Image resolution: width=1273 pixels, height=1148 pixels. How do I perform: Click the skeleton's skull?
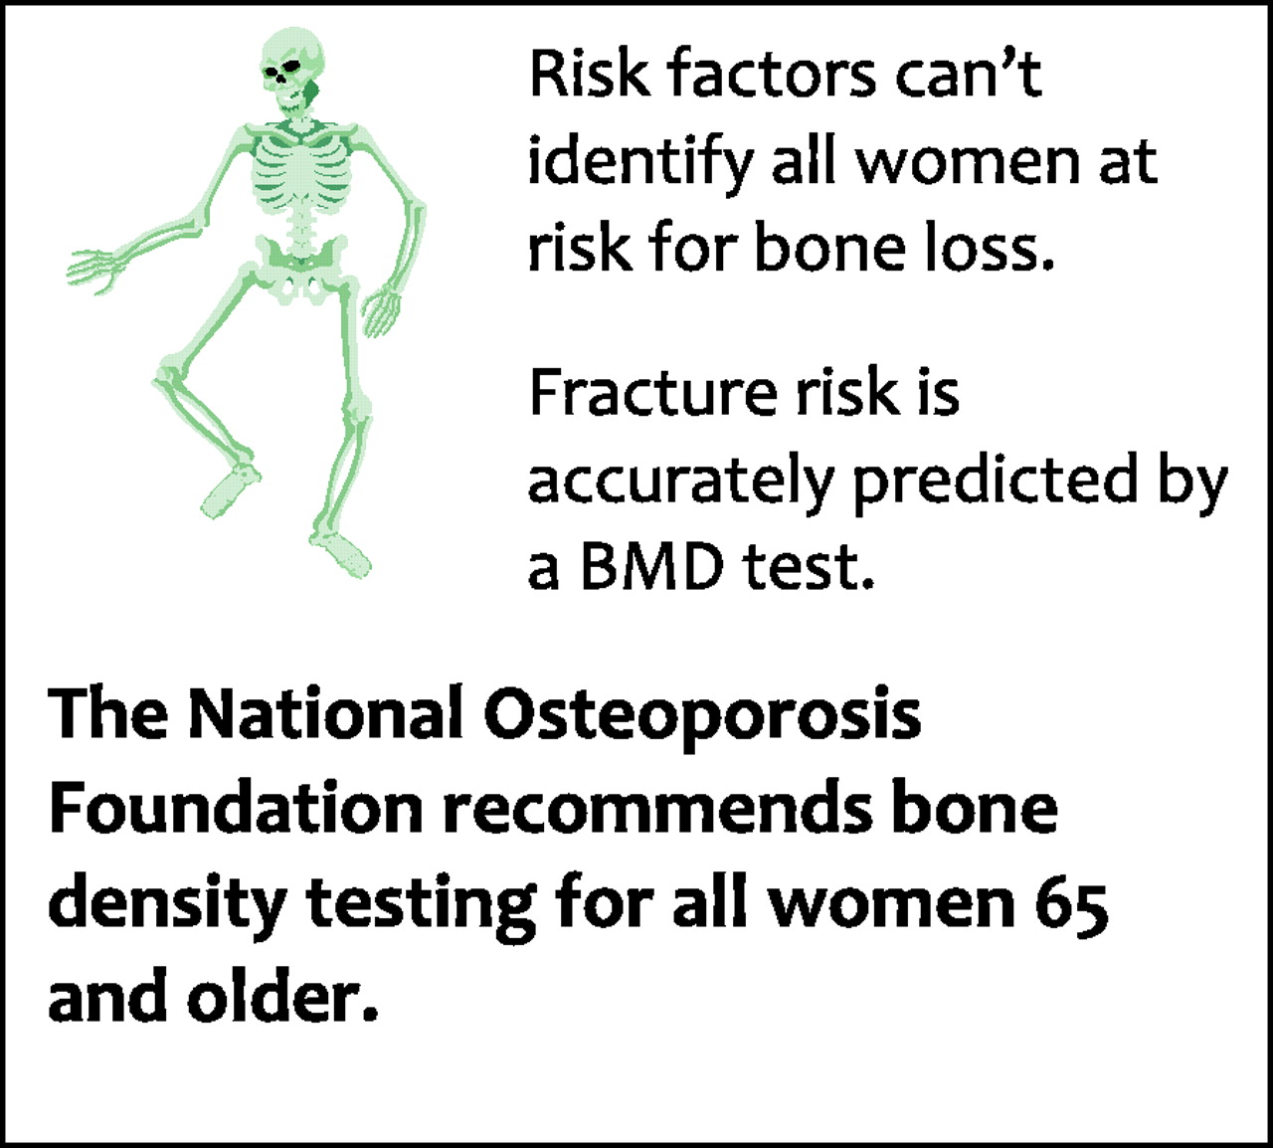click(x=293, y=70)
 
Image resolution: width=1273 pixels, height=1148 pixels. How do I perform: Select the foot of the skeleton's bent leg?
click(x=230, y=490)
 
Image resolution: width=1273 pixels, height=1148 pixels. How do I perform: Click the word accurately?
click(x=679, y=481)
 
